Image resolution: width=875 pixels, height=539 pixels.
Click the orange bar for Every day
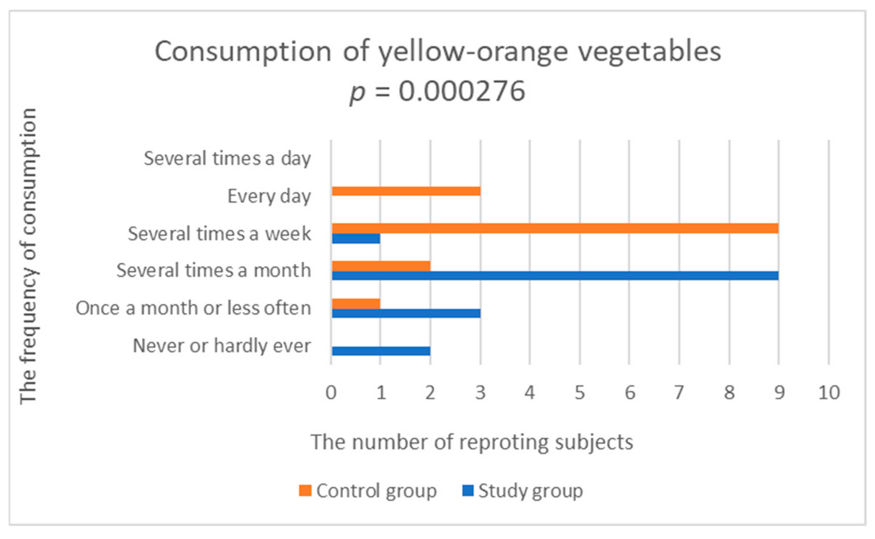click(x=406, y=192)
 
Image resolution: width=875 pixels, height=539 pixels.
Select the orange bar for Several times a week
click(x=555, y=228)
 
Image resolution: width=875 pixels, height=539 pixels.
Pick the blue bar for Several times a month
click(x=555, y=275)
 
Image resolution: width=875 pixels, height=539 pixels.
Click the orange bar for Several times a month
click(x=381, y=266)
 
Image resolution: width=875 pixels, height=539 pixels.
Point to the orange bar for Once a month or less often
click(x=356, y=304)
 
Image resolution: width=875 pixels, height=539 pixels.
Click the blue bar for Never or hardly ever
click(x=381, y=351)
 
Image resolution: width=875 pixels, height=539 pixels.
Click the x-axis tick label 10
click(x=829, y=393)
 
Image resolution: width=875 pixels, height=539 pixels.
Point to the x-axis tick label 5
click(x=580, y=393)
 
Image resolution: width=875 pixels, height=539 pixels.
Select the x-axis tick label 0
click(x=331, y=393)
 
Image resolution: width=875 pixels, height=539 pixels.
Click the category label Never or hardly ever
click(x=221, y=345)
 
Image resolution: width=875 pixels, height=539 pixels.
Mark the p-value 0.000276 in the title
click(x=461, y=92)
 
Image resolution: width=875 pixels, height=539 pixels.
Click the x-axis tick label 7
click(x=679, y=393)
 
